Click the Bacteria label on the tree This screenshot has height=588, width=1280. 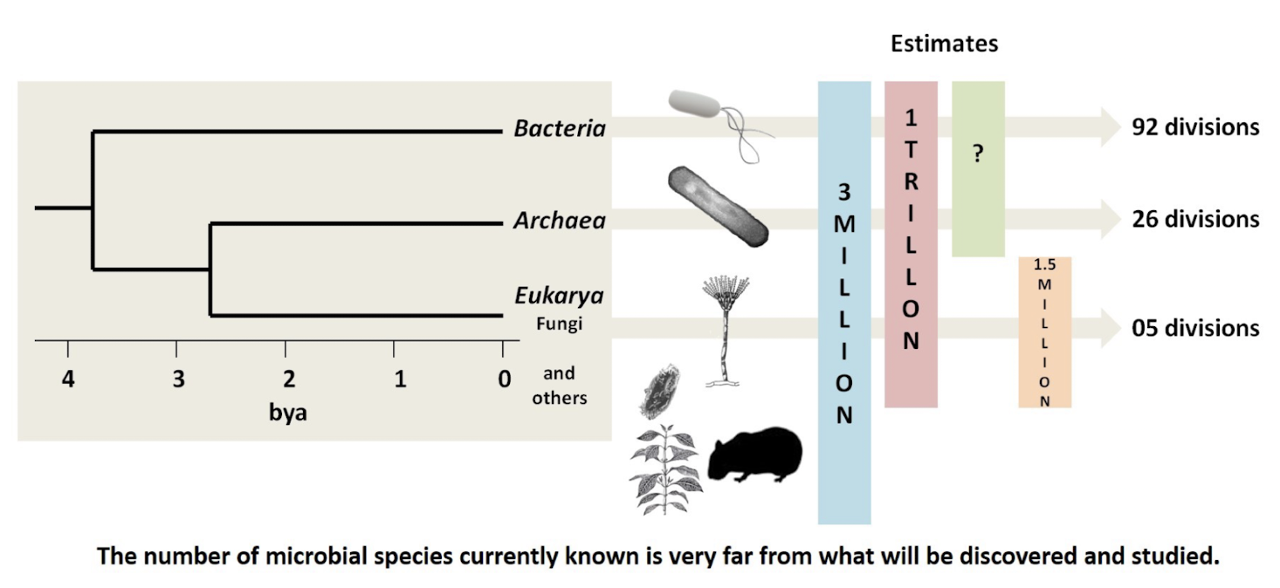(x=559, y=129)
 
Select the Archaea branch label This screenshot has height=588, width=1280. (x=559, y=221)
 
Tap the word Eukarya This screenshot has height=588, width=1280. (x=559, y=297)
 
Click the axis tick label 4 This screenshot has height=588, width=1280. (x=67, y=379)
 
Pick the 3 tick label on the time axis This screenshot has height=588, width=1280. (x=177, y=379)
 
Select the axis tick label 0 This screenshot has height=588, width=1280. (x=504, y=379)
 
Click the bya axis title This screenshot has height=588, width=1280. (x=287, y=412)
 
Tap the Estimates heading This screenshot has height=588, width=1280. (x=944, y=44)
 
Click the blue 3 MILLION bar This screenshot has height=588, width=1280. (x=844, y=303)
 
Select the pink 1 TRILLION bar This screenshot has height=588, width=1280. (x=911, y=244)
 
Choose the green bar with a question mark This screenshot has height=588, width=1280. (x=978, y=168)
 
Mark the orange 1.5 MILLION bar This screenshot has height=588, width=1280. (x=1044, y=332)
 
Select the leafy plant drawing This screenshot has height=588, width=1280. (x=666, y=469)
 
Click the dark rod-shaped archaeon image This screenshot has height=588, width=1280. (x=718, y=204)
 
